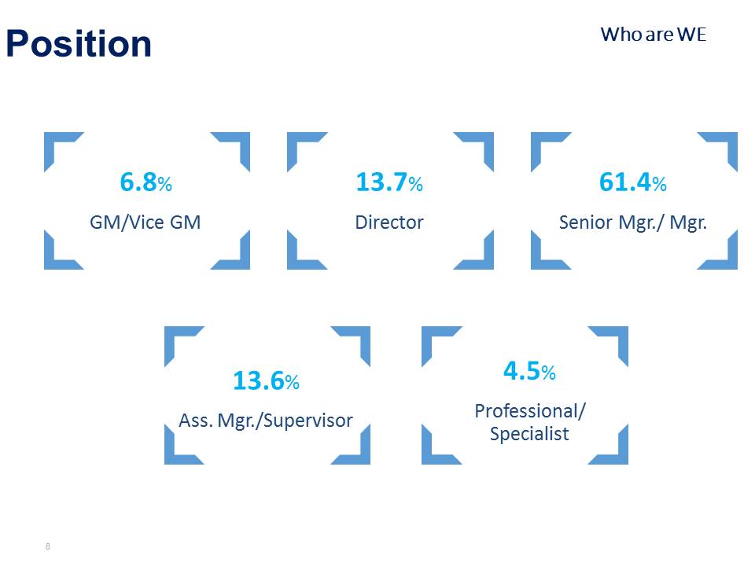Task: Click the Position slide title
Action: click(79, 44)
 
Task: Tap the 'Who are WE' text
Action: click(654, 35)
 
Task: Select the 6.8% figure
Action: click(146, 182)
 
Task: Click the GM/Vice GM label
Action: click(145, 222)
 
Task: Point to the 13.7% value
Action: click(389, 182)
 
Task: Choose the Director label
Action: click(389, 222)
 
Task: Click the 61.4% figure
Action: click(632, 182)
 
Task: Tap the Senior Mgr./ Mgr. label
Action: click(632, 222)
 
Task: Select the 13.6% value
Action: click(267, 380)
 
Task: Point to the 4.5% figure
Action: click(529, 371)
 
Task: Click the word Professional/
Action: click(530, 411)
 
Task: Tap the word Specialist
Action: click(529, 434)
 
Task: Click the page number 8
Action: click(48, 546)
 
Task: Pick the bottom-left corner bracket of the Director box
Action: click(293, 263)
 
